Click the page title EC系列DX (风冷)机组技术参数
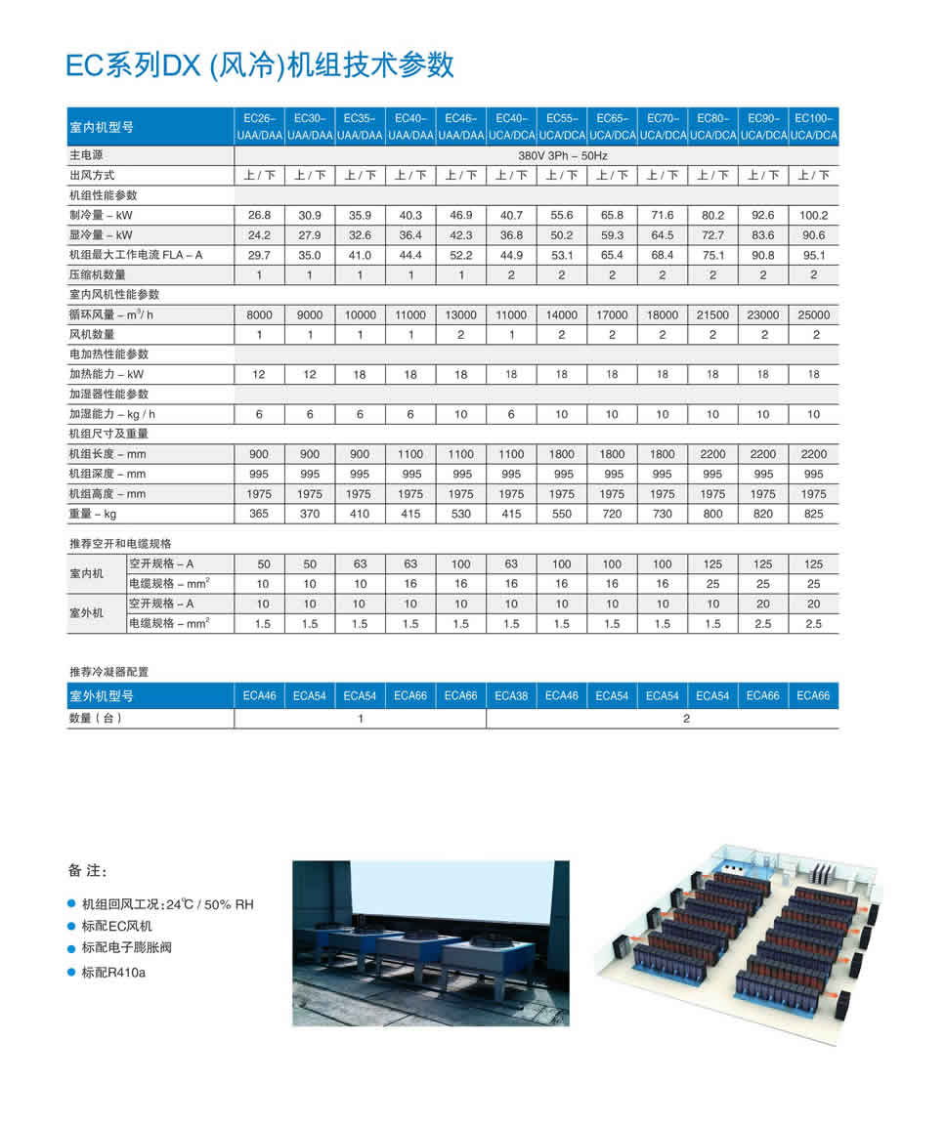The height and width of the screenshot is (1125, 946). coord(260,64)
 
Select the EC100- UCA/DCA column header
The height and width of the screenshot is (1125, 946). coord(813,126)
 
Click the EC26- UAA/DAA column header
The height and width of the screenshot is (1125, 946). coord(259,126)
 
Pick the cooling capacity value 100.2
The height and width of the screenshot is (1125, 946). coord(813,215)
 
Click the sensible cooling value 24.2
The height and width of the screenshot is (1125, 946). coord(259,235)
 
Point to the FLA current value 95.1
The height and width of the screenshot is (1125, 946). coord(813,255)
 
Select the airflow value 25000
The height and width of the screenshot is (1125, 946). coord(813,314)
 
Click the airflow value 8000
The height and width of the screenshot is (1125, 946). coord(259,314)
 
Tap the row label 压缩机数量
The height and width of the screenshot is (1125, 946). coord(98,274)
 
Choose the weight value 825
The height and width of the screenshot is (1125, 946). coord(813,514)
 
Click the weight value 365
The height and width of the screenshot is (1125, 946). coord(259,514)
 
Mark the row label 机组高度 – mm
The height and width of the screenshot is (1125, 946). coord(107,494)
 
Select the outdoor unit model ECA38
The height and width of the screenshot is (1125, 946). coord(511,696)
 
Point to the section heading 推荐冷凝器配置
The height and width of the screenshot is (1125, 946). coord(108,672)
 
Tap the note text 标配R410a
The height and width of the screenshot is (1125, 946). coord(114,973)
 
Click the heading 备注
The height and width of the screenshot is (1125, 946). coord(87,871)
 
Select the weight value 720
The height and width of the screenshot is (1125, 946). coord(612,514)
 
